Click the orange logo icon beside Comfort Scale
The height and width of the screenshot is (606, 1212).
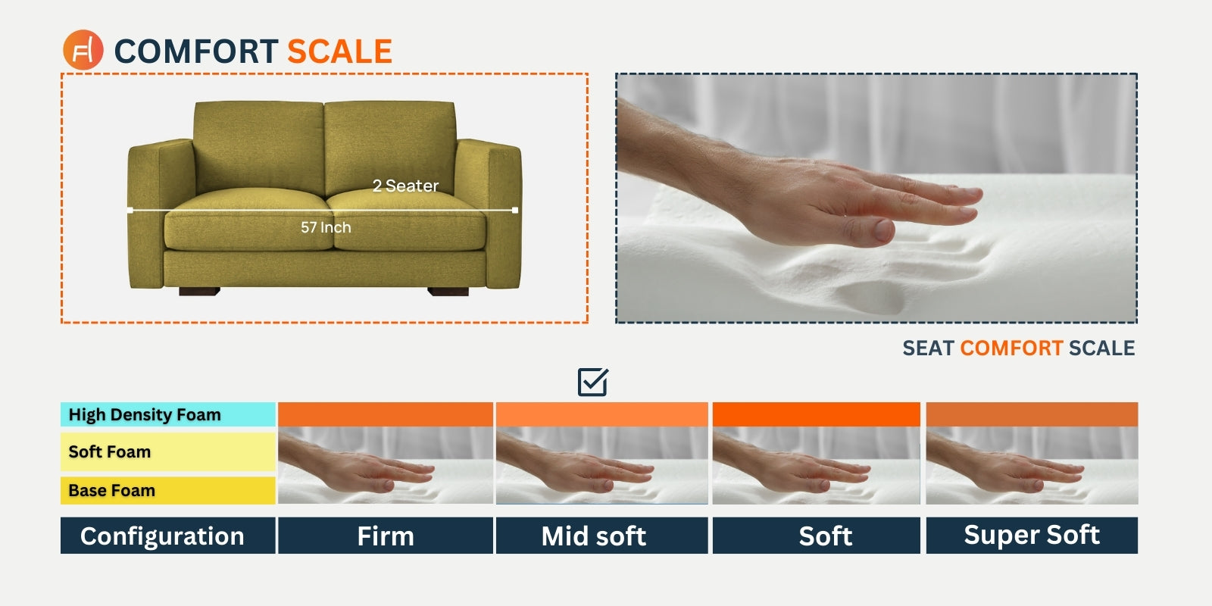[x=83, y=50]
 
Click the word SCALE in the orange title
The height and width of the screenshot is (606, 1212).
[x=339, y=52]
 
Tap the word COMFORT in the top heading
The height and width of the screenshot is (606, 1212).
[x=196, y=52]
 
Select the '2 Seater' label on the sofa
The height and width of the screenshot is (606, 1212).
[x=405, y=186]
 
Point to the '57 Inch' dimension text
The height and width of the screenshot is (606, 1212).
[x=326, y=227]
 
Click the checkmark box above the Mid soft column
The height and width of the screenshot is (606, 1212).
[x=592, y=382]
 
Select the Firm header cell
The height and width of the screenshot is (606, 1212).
[x=386, y=536]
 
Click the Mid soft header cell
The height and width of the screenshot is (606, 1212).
[x=601, y=536]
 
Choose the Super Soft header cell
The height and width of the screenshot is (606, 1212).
[x=1032, y=536]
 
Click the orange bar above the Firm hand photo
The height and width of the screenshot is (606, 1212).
[x=386, y=414]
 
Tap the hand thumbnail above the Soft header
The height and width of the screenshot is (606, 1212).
[x=816, y=465]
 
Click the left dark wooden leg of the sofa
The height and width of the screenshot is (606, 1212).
[x=199, y=292]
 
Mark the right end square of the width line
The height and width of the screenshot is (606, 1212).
[x=514, y=210]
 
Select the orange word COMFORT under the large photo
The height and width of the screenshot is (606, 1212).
[x=1011, y=348]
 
